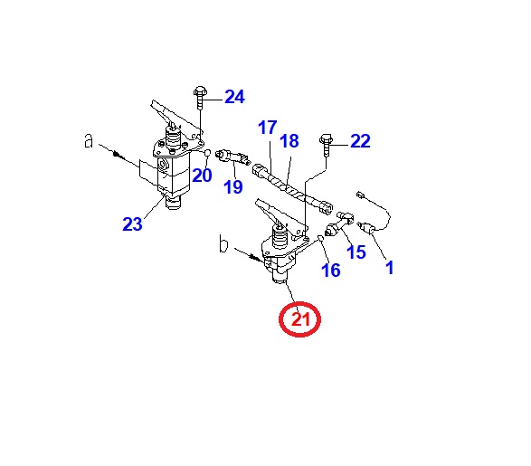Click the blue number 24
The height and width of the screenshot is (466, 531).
234,97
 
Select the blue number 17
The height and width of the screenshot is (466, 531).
268,128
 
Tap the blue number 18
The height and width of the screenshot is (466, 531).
289,140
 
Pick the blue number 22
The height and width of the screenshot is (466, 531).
360,141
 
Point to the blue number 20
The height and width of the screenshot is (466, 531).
202,175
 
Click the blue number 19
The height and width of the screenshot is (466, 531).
233,187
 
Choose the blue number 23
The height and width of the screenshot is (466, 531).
132,223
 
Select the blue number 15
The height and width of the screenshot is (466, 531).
356,252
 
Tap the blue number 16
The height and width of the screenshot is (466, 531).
331,271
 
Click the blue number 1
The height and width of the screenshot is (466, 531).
390,268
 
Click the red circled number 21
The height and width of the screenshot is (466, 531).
299,319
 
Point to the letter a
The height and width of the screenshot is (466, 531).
89,140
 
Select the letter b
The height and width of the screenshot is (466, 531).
223,243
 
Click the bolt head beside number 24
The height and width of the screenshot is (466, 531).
200,90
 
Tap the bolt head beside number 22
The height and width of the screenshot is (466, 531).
327,138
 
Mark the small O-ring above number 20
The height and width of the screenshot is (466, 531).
208,153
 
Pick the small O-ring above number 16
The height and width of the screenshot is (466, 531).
320,238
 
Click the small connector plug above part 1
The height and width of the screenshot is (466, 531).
360,195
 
